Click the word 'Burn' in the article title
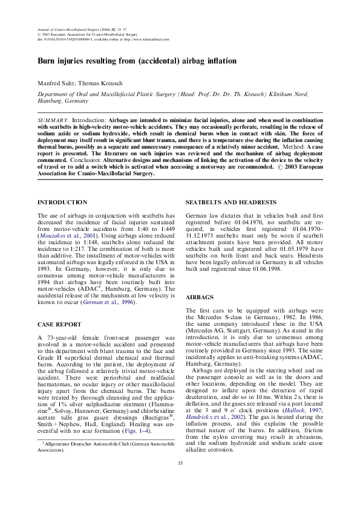tap(49, 62)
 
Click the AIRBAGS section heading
tap(200, 298)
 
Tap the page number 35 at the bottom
tap(180, 479)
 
